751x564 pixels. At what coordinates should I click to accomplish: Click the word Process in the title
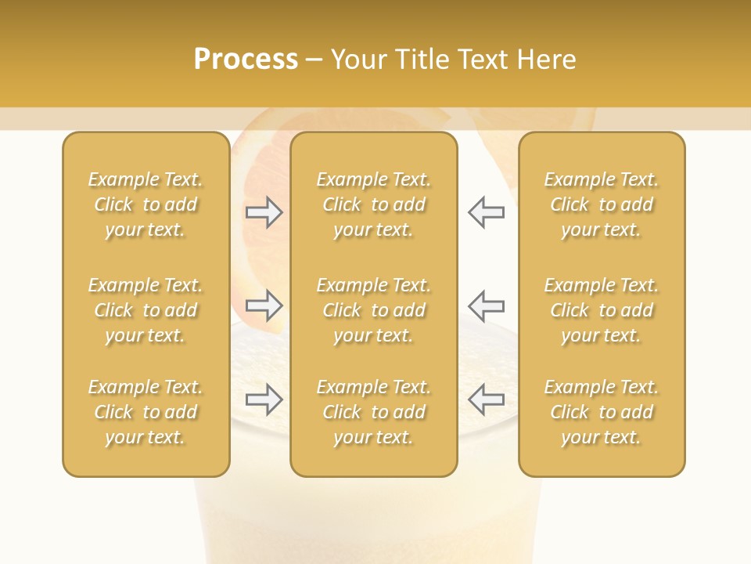coord(246,60)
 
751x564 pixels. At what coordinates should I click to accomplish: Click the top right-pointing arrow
coord(264,212)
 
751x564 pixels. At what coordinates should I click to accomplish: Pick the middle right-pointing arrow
coord(264,305)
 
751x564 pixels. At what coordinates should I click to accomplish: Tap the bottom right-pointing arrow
coord(264,399)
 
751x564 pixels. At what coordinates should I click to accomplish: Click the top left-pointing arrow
coord(486,212)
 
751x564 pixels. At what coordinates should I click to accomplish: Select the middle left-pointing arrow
coord(486,305)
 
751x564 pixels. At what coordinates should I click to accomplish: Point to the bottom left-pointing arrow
coord(486,399)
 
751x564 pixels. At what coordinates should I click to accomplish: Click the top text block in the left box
coord(146,204)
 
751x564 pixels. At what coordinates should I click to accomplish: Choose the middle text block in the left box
coord(146,310)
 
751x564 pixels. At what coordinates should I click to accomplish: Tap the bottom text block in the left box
coord(146,412)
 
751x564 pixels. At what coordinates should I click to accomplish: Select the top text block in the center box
coord(373,204)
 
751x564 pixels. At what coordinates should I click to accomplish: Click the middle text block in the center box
coord(373,310)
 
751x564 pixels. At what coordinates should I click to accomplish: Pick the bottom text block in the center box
coord(373,412)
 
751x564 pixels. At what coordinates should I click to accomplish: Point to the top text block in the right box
coord(601,204)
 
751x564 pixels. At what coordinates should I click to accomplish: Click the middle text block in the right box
coord(601,310)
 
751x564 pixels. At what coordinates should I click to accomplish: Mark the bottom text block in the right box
coord(601,412)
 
